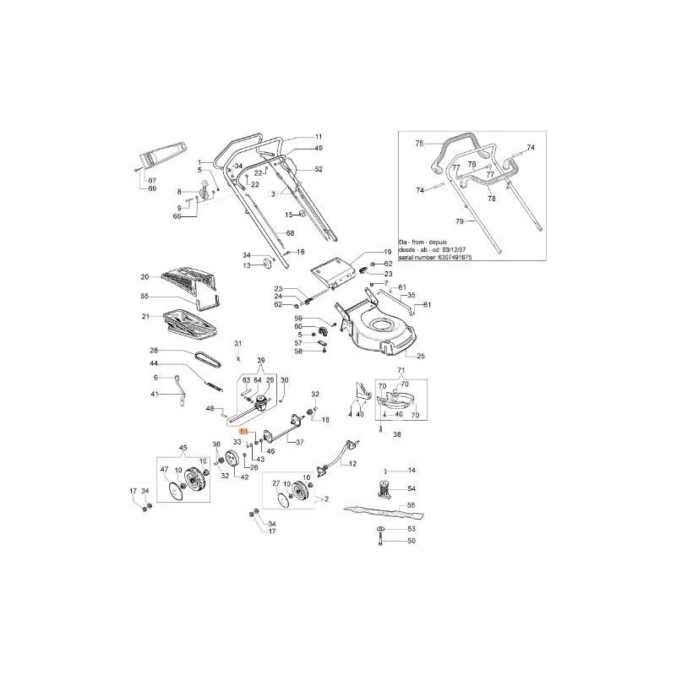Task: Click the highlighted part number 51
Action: coord(244,431)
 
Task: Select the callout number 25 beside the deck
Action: coord(421,356)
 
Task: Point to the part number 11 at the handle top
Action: coord(319,136)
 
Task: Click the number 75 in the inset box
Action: coord(417,144)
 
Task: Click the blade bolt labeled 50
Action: coord(381,539)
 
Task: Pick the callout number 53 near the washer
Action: coord(412,528)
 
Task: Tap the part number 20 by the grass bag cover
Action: coord(144,276)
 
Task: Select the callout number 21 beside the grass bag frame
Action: coord(144,316)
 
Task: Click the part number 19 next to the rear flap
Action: coord(388,252)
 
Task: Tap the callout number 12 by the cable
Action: coord(352,464)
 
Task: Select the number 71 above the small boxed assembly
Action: coord(402,372)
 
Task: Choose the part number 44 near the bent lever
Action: coord(155,363)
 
